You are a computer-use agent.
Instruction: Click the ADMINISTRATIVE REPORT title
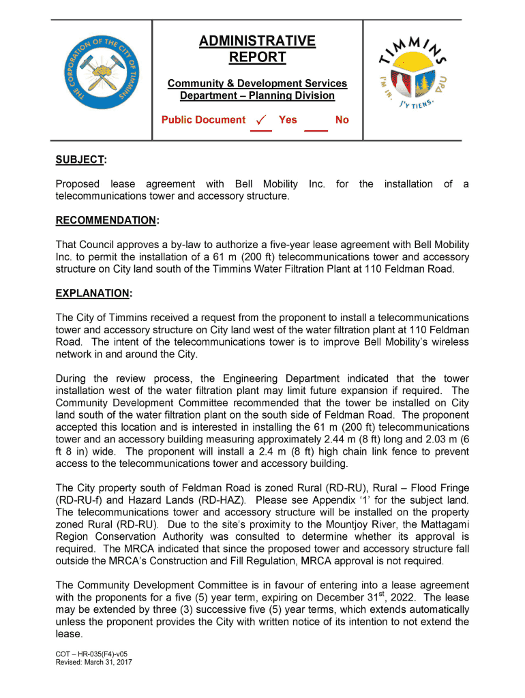point(257,49)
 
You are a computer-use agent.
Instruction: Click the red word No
point(342,120)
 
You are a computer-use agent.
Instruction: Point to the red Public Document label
point(203,120)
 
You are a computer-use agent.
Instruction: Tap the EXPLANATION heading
point(93,293)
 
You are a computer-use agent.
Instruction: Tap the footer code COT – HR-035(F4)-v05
point(91,654)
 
